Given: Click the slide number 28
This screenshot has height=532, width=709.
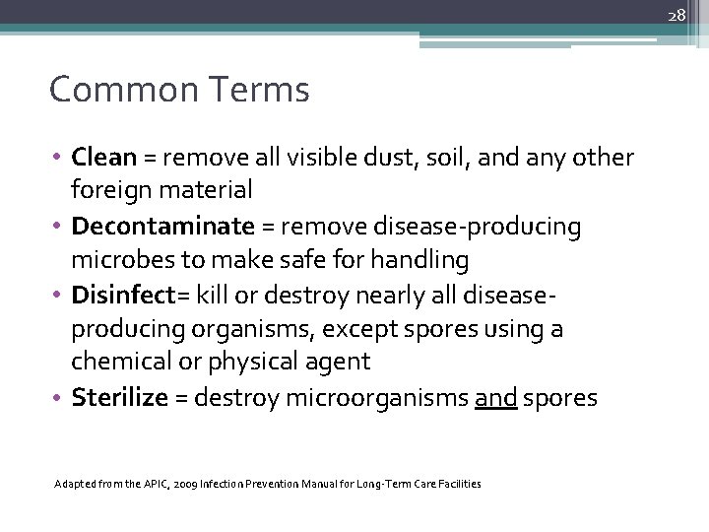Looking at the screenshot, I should [x=677, y=15].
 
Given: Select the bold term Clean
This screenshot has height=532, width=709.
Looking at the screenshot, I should [x=104, y=157].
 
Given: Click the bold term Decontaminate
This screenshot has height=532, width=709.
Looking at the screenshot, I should [x=162, y=227].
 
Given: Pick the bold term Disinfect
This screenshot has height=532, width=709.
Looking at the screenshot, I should [x=131, y=295].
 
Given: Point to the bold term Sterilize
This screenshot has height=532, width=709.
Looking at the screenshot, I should [x=120, y=397].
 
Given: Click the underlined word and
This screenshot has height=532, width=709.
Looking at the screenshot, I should [x=495, y=397].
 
